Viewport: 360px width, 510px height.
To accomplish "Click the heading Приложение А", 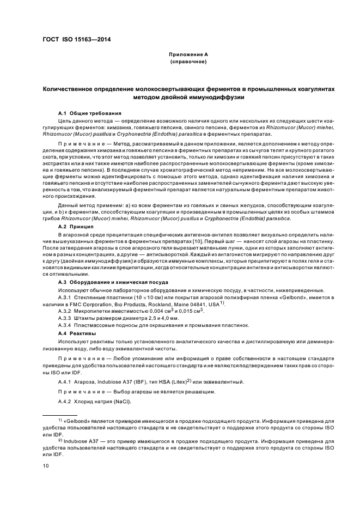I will [187, 55].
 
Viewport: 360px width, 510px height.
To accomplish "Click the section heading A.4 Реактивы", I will [77, 332].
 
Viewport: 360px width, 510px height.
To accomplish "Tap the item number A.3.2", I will [65, 310].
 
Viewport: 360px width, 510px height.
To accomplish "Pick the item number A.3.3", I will [65, 318].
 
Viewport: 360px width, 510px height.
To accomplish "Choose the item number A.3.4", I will [65, 325].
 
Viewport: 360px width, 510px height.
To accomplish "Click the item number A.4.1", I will [65, 382].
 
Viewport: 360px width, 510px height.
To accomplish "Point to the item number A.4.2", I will [65, 402].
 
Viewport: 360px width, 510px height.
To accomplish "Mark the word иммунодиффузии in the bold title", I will [219, 98].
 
